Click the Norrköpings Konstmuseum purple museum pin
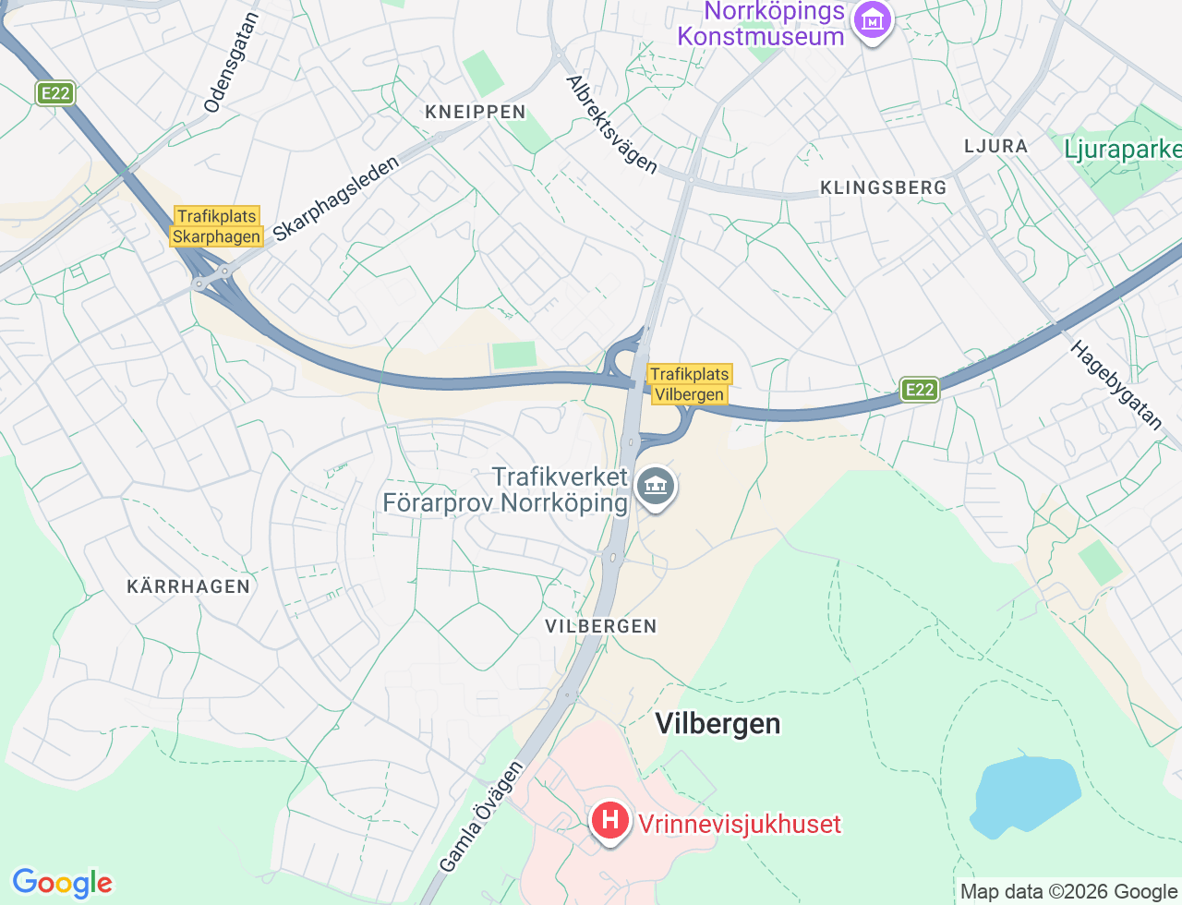click(x=872, y=19)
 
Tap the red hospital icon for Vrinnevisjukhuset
click(x=609, y=820)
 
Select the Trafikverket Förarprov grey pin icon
click(x=656, y=486)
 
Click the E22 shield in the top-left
click(x=55, y=93)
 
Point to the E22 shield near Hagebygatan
click(x=919, y=390)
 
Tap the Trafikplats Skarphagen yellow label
click(x=217, y=226)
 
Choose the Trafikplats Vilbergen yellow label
click(x=689, y=384)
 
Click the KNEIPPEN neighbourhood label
click(x=475, y=112)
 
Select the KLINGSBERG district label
click(x=883, y=187)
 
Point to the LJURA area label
click(x=995, y=146)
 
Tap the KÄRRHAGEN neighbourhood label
click(x=188, y=586)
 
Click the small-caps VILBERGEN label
click(x=600, y=626)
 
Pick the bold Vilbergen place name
click(x=718, y=723)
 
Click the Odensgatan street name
click(x=232, y=63)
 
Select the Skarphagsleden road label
click(x=336, y=198)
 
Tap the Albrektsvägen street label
click(x=612, y=125)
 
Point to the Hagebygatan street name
click(x=1116, y=385)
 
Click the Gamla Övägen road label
click(x=481, y=816)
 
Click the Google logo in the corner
click(x=62, y=883)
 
